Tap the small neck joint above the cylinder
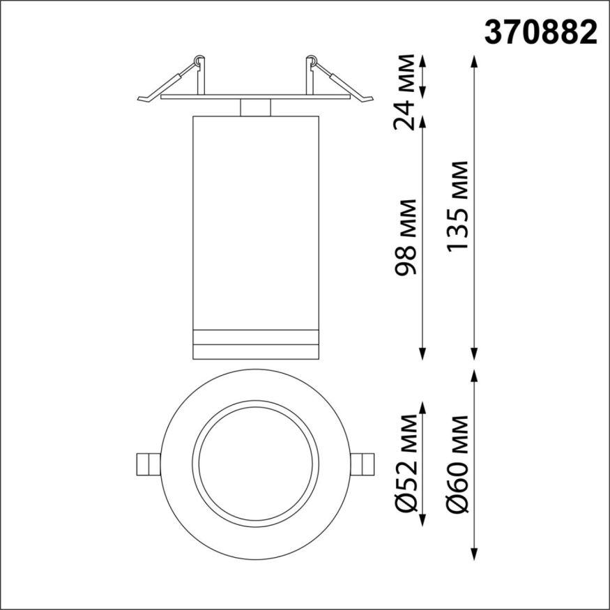(x=255, y=107)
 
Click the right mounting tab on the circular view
(x=363, y=464)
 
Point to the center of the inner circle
(x=255, y=464)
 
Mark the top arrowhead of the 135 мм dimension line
(x=475, y=61)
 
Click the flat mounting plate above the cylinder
(x=255, y=97)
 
